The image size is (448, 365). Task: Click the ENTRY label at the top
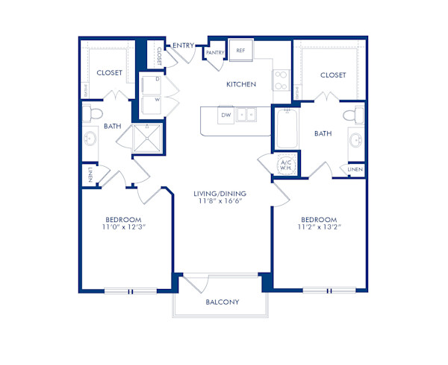(183, 45)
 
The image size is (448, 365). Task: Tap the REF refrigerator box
(241, 51)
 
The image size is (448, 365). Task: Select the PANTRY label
(217, 53)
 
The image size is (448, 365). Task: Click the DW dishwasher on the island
(225, 115)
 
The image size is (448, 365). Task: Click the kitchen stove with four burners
(281, 80)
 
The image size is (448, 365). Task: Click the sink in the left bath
(91, 139)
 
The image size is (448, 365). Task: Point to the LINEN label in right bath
(355, 170)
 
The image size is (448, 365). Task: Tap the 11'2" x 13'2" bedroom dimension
(320, 227)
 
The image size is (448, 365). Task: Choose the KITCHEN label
(241, 85)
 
